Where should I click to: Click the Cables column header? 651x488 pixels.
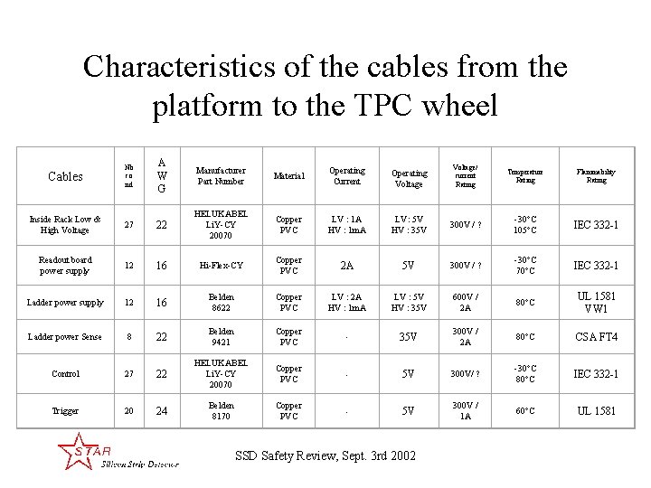65,176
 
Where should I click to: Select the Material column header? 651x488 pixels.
289,176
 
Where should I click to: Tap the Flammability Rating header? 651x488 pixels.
596,175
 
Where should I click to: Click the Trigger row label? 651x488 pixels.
65,411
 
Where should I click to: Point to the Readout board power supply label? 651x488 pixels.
65,265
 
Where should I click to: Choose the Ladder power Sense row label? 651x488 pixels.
65,337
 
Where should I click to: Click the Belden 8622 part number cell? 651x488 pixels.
221,302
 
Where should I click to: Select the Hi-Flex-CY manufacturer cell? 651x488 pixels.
221,266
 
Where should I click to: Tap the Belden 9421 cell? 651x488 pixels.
221,337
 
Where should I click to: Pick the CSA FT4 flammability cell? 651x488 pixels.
596,337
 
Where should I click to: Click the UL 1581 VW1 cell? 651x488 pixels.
596,302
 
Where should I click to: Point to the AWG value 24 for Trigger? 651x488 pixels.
161,411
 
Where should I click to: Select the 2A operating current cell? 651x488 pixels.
346,266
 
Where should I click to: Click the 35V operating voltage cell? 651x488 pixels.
409,337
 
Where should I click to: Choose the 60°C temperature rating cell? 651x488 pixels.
525,411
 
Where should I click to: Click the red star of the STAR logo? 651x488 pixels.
71,449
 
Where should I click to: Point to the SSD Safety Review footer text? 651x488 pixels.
325,455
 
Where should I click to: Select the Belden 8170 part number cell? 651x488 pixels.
221,411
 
